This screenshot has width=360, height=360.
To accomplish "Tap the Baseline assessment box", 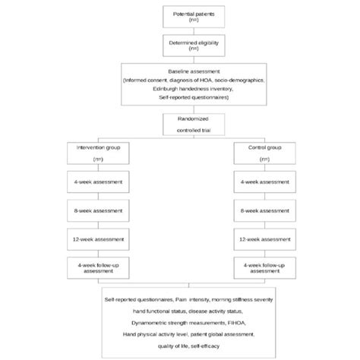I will tap(181, 87).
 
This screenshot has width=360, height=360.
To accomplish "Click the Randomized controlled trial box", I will tap(181, 125).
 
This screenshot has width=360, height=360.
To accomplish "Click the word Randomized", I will tap(181, 120).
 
